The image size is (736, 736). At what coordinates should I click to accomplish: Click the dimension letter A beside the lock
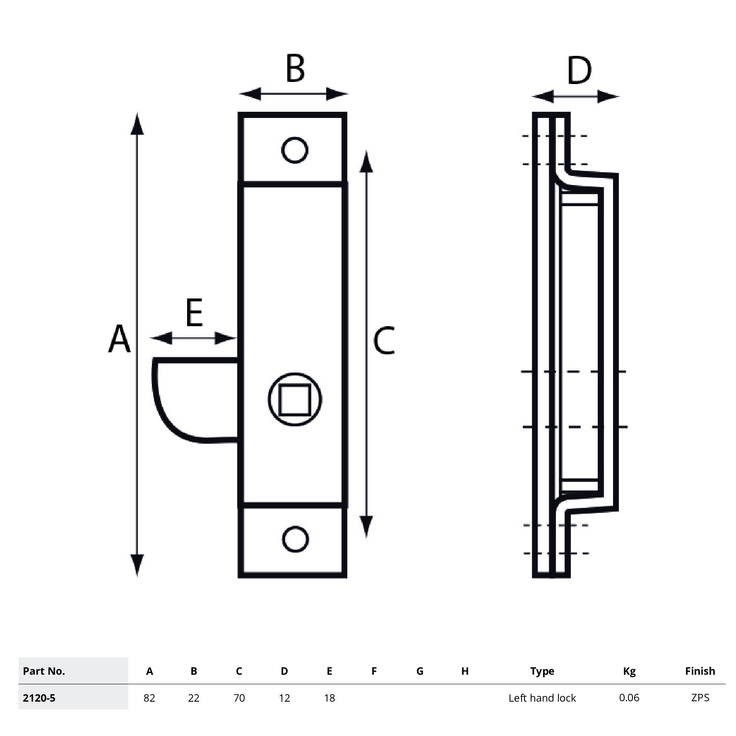pyautogui.click(x=119, y=339)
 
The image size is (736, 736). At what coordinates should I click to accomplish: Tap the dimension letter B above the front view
pyautogui.click(x=295, y=68)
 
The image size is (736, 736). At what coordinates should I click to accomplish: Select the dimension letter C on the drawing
pyautogui.click(x=384, y=340)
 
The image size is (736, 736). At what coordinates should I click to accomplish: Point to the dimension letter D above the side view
pyautogui.click(x=579, y=71)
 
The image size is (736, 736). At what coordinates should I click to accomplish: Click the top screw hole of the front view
pyautogui.click(x=294, y=150)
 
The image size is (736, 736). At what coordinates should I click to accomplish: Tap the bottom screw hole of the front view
pyautogui.click(x=295, y=539)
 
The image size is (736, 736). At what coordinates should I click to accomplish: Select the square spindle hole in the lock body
pyautogui.click(x=295, y=399)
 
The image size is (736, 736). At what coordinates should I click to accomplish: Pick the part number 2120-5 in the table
pyautogui.click(x=39, y=698)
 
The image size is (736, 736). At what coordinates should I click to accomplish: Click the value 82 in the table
pyautogui.click(x=149, y=698)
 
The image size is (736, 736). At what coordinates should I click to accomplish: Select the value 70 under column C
pyautogui.click(x=239, y=698)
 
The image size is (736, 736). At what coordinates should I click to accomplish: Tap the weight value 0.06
pyautogui.click(x=629, y=698)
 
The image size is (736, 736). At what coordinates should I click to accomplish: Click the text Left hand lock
pyautogui.click(x=542, y=698)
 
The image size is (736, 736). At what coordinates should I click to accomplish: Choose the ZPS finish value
pyautogui.click(x=700, y=698)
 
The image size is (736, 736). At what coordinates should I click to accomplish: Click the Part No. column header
pyautogui.click(x=44, y=671)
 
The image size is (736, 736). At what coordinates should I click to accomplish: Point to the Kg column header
pyautogui.click(x=629, y=671)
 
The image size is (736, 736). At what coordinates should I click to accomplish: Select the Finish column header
pyautogui.click(x=700, y=671)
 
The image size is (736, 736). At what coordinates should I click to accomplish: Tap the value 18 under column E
pyautogui.click(x=329, y=698)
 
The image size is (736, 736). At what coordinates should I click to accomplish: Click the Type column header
pyautogui.click(x=542, y=671)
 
